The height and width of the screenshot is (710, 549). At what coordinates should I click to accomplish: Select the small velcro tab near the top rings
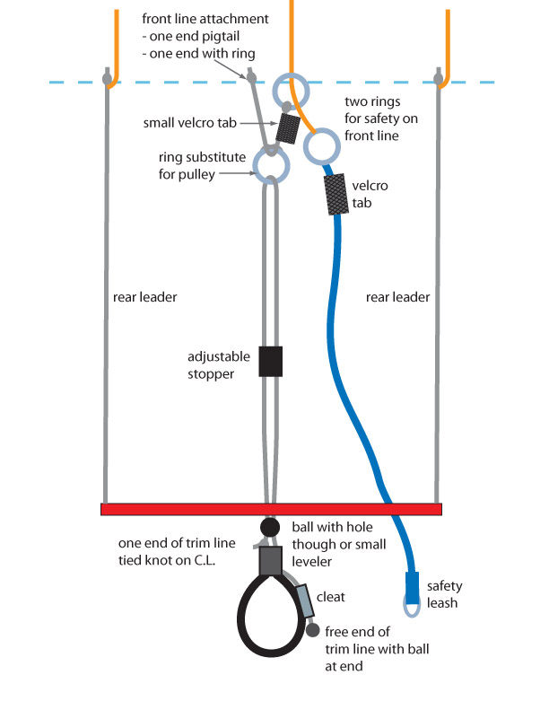[x=288, y=127]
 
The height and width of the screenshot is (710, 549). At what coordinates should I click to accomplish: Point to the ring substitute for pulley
[x=270, y=165]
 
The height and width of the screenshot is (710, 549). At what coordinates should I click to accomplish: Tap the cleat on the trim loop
[x=305, y=600]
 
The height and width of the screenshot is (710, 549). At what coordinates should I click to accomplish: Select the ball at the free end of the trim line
[x=312, y=629]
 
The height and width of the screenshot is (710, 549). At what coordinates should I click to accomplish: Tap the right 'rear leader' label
[x=398, y=297]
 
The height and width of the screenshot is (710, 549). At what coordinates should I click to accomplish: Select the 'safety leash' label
[x=443, y=593]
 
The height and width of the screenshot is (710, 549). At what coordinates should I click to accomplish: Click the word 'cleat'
[x=337, y=595]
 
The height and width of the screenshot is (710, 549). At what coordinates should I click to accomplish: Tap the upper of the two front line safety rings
[x=293, y=91]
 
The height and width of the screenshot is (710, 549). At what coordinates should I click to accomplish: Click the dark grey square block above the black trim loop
[x=271, y=561]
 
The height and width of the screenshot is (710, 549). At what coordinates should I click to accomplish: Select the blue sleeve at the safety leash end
[x=412, y=588]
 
